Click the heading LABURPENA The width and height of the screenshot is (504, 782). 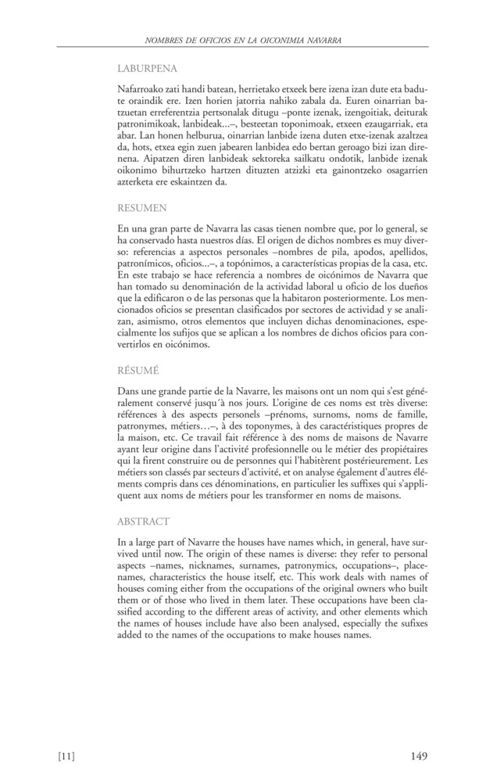pyautogui.click(x=147, y=68)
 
